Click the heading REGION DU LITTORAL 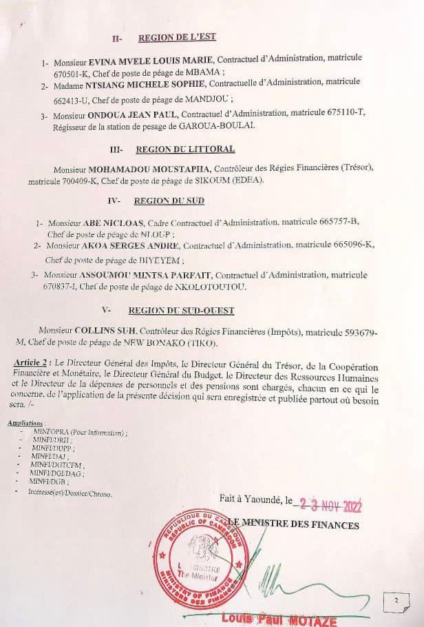pyautogui.click(x=185, y=149)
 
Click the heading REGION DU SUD pyautogui.click(x=169, y=201)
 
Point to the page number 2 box pyautogui.click(x=396, y=600)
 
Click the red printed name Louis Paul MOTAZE pyautogui.click(x=279, y=621)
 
